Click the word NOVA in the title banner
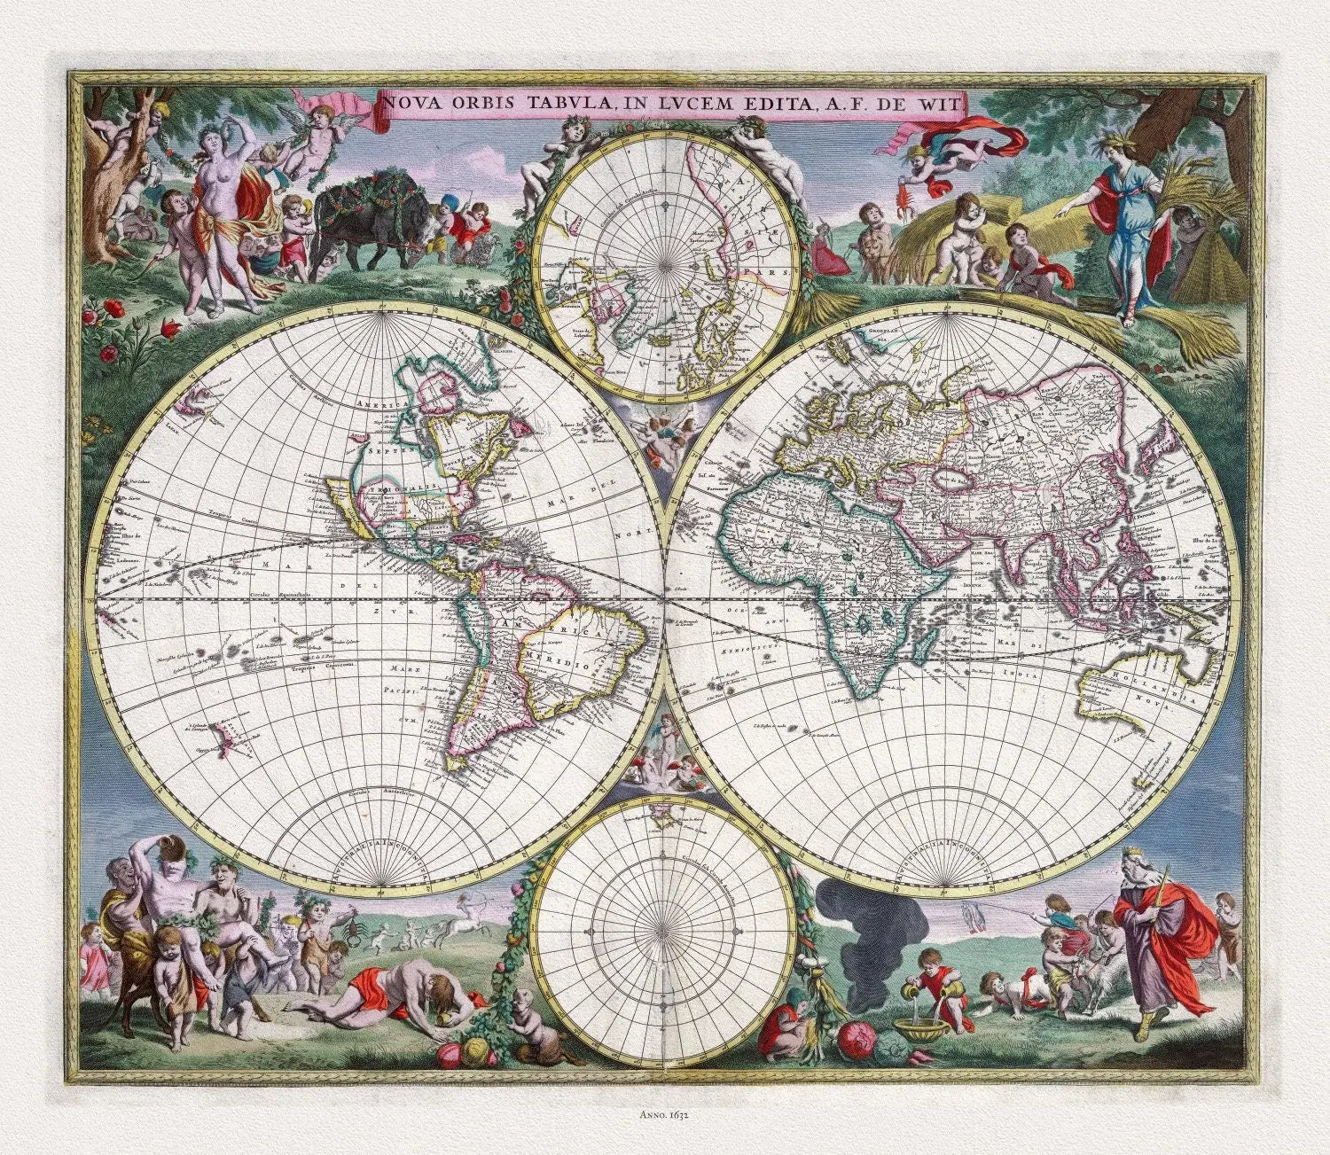410,103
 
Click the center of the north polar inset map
664,266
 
